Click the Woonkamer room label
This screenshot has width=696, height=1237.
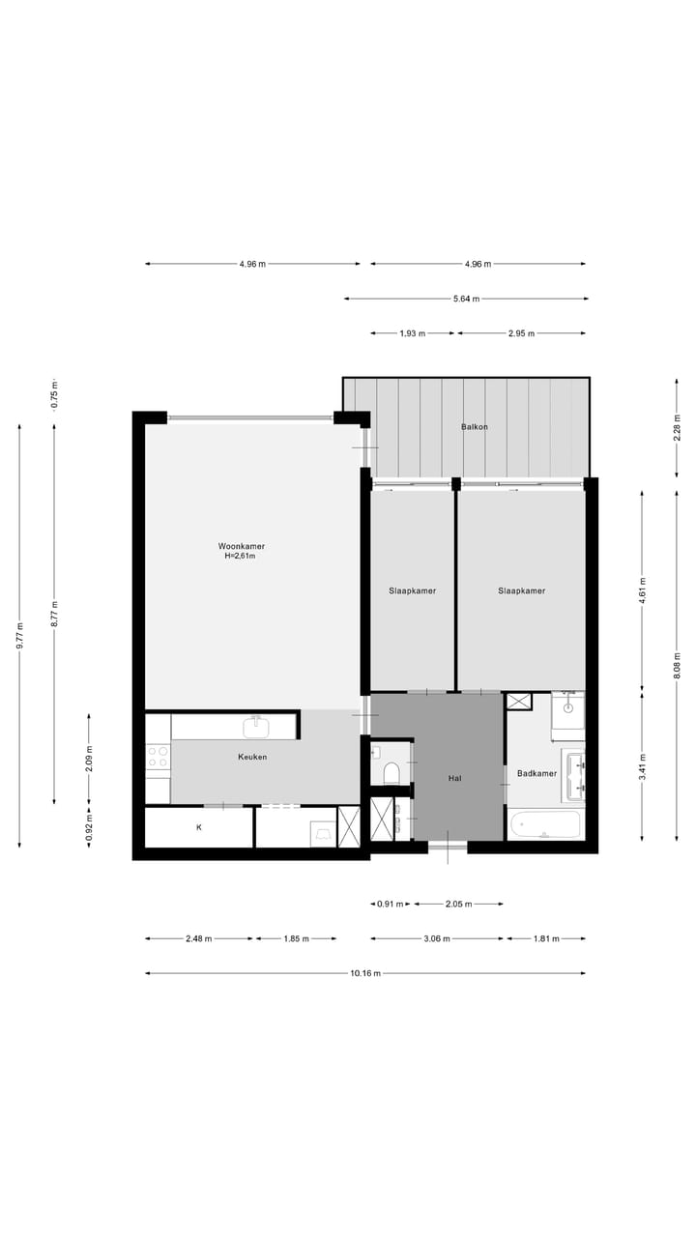coord(241,546)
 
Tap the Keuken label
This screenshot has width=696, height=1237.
coord(252,757)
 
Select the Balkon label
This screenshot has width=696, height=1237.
coord(475,426)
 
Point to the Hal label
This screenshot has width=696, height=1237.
coord(454,777)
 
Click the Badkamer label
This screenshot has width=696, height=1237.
coord(536,773)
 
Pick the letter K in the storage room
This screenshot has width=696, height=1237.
coord(199,827)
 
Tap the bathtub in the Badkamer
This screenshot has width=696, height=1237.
coord(544,826)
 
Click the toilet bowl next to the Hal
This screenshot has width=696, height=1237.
coord(391,772)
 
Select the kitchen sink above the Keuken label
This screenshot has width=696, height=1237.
coord(257,726)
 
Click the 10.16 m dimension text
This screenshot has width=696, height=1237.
coord(365,973)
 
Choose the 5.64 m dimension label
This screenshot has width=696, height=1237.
coord(466,299)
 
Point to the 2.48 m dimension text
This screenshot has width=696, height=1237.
coord(199,938)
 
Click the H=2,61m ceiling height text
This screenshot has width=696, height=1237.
coord(241,557)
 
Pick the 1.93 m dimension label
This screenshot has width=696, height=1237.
coord(413,333)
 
